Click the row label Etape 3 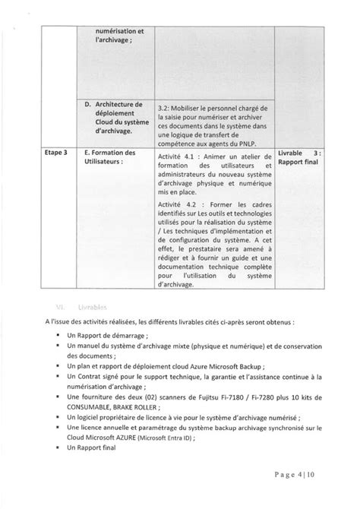[54, 153]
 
